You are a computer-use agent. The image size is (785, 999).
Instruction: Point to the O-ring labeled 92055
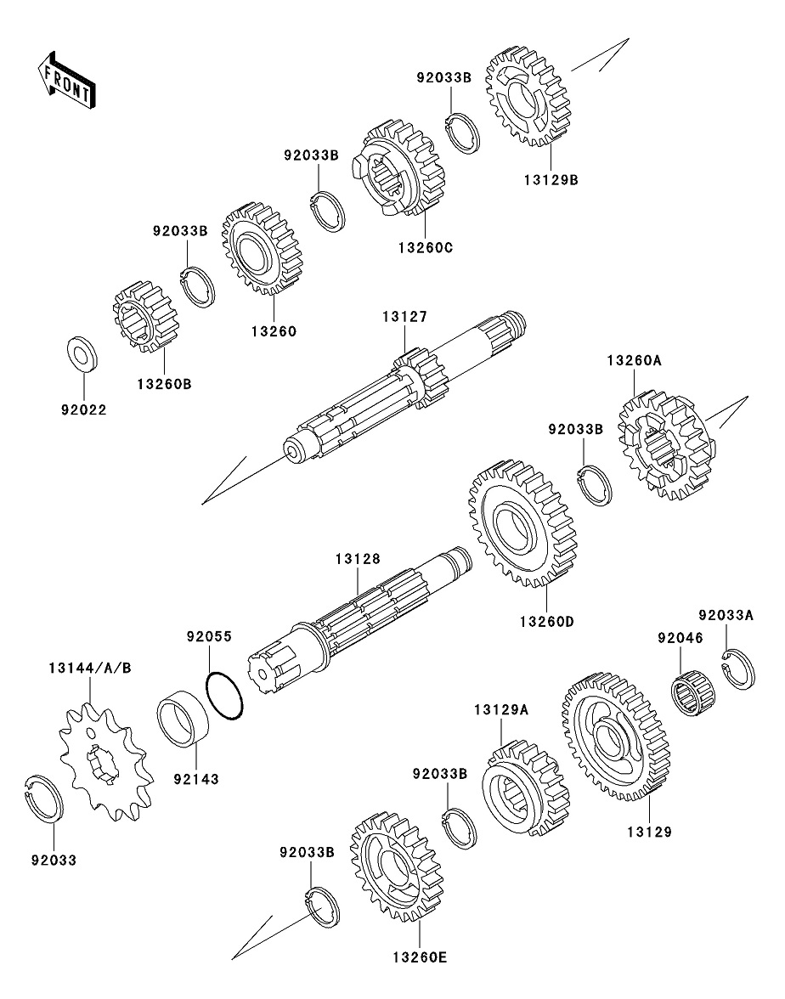click(x=226, y=694)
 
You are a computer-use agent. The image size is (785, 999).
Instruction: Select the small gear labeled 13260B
click(x=145, y=316)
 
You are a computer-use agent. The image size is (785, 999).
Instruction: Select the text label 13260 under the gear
click(x=273, y=332)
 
